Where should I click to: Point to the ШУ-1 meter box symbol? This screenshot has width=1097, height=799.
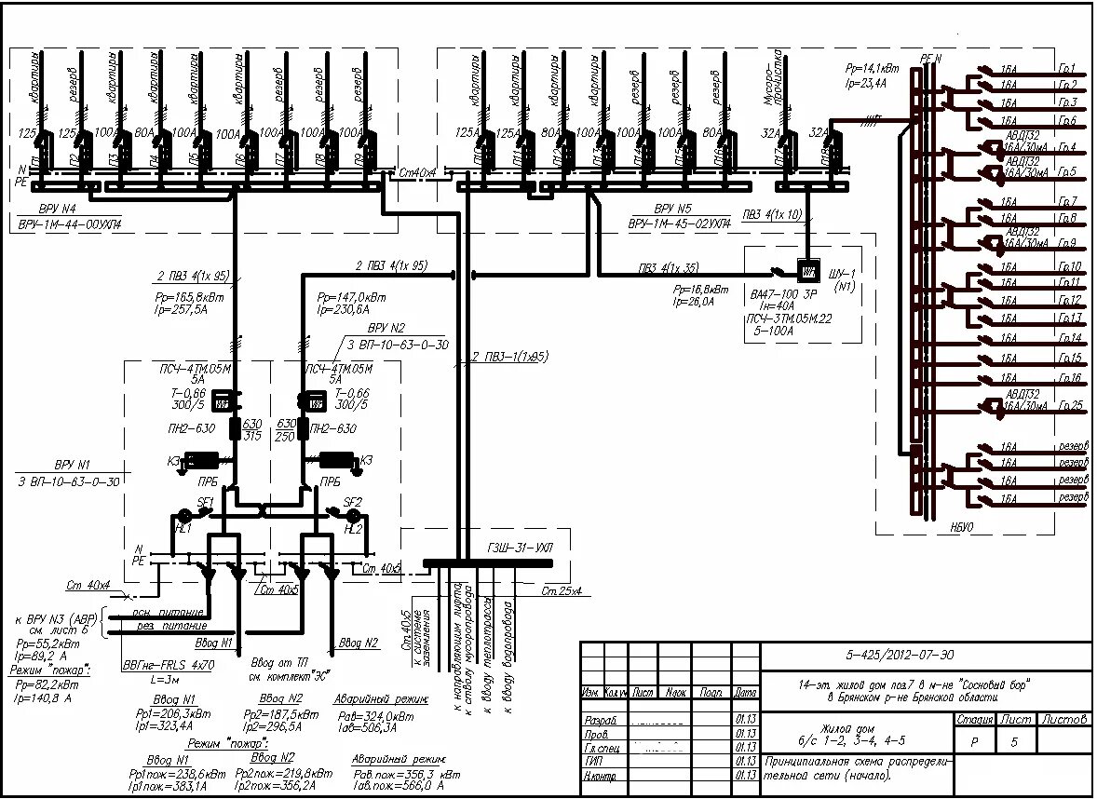click(807, 270)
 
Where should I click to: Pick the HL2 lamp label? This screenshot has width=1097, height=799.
click(353, 528)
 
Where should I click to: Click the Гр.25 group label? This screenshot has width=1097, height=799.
click(1071, 406)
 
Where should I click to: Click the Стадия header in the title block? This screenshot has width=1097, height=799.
click(973, 719)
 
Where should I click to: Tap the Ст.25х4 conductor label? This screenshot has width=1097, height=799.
click(562, 591)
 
